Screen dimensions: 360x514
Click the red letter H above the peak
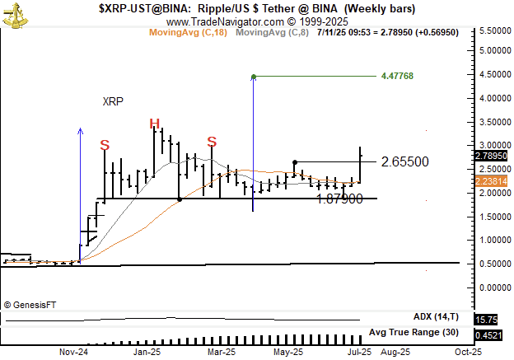154,124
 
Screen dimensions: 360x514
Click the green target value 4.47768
397,76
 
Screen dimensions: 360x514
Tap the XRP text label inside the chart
114,102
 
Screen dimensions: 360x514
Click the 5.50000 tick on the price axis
493,30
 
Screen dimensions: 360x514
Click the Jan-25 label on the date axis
147,352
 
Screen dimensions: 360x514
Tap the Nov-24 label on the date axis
73,352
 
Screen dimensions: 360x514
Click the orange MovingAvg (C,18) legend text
188,32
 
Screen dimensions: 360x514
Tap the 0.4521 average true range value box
488,335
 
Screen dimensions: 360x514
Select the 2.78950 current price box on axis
492,155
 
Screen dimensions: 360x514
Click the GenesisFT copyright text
30,305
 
